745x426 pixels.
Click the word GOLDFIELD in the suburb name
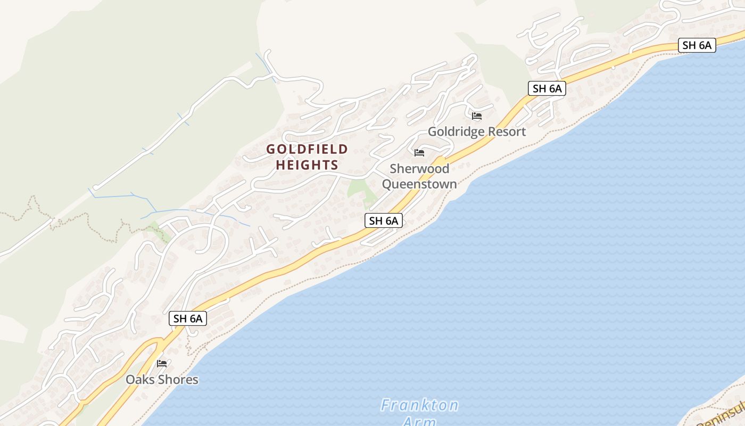click(307, 149)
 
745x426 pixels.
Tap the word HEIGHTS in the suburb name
click(307, 165)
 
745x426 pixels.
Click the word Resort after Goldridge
click(508, 132)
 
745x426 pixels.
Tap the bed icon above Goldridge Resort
click(477, 116)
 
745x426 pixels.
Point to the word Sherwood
click(419, 169)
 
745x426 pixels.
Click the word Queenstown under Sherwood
click(419, 184)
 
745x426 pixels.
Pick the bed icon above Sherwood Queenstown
click(419, 153)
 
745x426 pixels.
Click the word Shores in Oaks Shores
click(178, 380)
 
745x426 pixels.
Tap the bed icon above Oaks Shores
click(162, 364)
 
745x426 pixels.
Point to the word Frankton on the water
click(419, 406)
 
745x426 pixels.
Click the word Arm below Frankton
click(419, 421)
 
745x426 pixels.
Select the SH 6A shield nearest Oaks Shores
click(188, 318)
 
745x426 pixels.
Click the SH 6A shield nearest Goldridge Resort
click(547, 88)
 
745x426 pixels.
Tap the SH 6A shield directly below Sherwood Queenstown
click(383, 220)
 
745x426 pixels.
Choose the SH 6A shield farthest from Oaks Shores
click(697, 45)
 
